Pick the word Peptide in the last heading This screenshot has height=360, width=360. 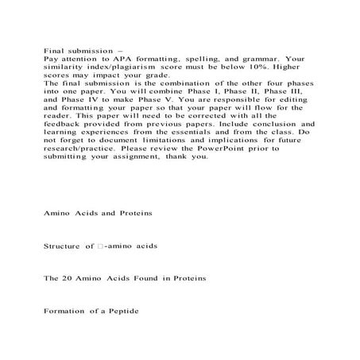pos(122,310)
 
